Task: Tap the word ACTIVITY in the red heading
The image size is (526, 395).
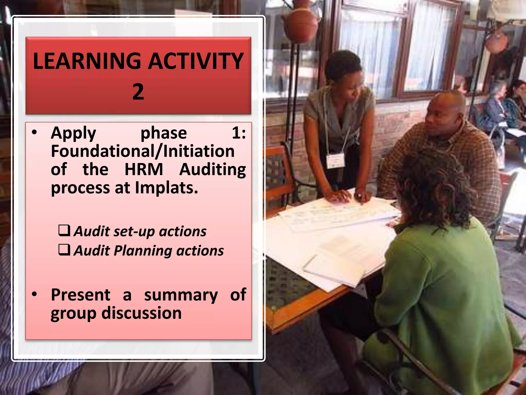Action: click(196, 61)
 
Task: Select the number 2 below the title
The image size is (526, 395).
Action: click(138, 92)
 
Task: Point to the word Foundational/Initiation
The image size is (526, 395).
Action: click(143, 151)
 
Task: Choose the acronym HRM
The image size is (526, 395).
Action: click(144, 170)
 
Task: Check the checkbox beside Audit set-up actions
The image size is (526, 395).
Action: click(64, 230)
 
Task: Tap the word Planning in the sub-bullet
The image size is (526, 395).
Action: click(143, 251)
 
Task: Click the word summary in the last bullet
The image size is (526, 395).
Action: click(181, 295)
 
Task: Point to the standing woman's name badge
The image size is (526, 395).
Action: click(335, 161)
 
